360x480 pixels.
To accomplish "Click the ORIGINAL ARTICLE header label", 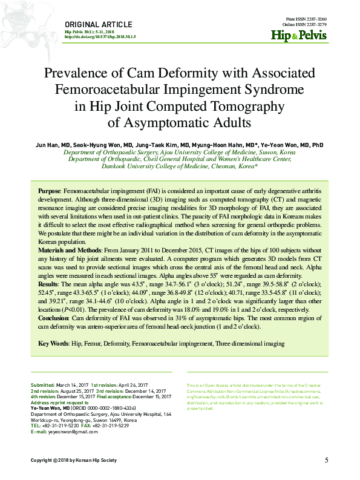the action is [97, 24].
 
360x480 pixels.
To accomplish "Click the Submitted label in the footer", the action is [42, 386].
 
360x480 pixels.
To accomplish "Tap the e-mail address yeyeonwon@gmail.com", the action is [71, 432].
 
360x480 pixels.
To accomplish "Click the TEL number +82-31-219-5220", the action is [62, 426].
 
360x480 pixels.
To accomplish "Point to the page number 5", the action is [326, 461].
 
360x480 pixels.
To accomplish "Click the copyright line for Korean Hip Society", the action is [74, 461].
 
